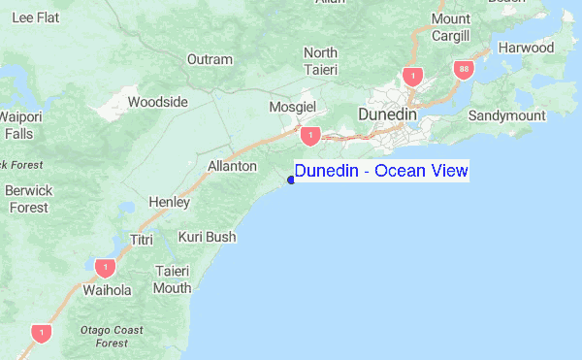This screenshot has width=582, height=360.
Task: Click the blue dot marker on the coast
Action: click(x=291, y=179)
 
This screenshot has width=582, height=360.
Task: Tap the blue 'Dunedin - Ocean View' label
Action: click(x=381, y=172)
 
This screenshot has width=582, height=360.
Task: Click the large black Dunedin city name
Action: click(x=387, y=115)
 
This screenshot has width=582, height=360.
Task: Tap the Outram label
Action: click(x=210, y=59)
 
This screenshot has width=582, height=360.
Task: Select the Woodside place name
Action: click(x=157, y=101)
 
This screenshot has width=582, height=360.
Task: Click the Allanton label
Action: click(x=232, y=166)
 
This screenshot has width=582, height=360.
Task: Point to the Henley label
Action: click(x=168, y=201)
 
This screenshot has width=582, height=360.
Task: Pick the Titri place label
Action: click(x=142, y=239)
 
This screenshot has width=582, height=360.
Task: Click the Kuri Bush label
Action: click(x=207, y=236)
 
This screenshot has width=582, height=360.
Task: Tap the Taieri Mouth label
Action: click(x=173, y=278)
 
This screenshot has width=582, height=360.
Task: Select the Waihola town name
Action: click(x=107, y=289)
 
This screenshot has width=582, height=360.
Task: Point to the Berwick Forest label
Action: click(x=28, y=199)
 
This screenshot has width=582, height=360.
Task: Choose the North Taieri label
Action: click(x=320, y=60)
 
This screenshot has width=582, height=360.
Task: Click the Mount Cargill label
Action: click(x=451, y=27)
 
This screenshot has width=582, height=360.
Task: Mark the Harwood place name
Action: click(x=526, y=48)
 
